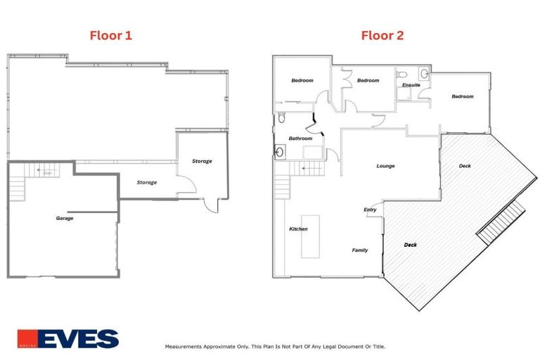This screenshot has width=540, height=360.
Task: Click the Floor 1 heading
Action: [x=110, y=34]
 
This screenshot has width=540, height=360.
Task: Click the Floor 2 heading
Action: [x=382, y=34]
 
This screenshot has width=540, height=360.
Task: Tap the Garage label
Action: [x=65, y=218]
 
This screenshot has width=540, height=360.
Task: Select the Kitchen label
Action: [x=298, y=229]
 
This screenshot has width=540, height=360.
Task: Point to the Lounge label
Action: [x=385, y=166]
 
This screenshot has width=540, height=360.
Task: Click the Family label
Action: [x=360, y=250]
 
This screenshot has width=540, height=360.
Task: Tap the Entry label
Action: [x=370, y=210]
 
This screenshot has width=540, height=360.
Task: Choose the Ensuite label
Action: [x=411, y=85]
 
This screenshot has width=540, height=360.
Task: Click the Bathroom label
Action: [x=300, y=139]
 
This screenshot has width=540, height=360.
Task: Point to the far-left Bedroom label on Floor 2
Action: [x=302, y=80]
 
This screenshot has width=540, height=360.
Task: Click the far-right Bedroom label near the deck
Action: [x=462, y=96]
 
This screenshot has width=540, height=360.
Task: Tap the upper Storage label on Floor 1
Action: [x=202, y=161]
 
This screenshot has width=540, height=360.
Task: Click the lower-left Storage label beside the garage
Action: [x=146, y=182]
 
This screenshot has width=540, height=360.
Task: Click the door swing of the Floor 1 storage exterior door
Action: [x=210, y=207]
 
